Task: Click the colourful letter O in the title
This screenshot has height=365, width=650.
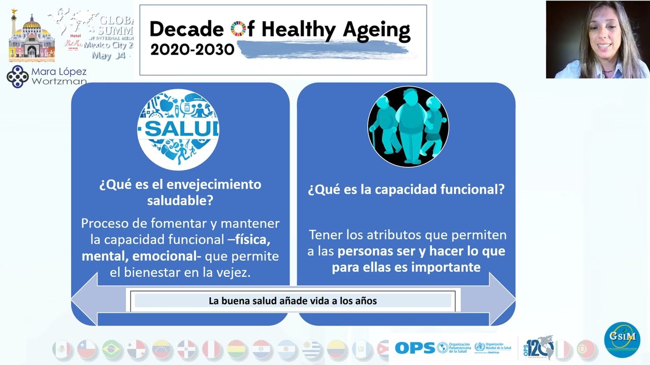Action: click(x=238, y=30)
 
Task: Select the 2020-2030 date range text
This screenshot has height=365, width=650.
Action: click(x=192, y=49)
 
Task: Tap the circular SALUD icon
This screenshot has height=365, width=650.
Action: click(x=178, y=129)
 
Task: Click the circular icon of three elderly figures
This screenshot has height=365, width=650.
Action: click(x=408, y=127)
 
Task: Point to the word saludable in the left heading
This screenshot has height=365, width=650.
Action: click(x=180, y=200)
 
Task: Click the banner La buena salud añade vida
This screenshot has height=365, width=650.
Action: click(x=292, y=301)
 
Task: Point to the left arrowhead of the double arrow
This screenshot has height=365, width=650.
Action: click(x=84, y=300)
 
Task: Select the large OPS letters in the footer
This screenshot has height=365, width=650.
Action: click(x=415, y=348)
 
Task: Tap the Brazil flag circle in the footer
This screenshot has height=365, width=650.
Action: click(x=112, y=349)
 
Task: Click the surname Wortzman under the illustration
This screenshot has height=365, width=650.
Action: click(x=59, y=81)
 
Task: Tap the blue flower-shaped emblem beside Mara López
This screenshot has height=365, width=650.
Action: click(x=17, y=77)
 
